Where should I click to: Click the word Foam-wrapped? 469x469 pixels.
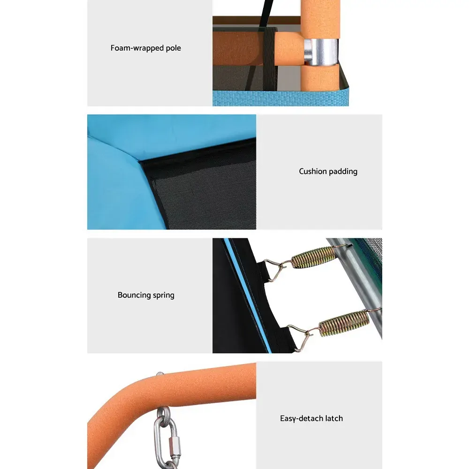(137, 48)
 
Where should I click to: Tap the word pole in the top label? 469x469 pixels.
(174, 48)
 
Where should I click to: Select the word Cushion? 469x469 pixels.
(313, 171)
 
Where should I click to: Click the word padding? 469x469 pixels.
(343, 172)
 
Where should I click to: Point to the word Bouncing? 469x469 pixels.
(134, 295)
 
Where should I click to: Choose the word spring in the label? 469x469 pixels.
(164, 295)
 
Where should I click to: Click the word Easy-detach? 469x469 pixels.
(302, 418)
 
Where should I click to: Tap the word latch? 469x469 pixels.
(334, 418)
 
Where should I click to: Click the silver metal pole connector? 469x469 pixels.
(321, 52)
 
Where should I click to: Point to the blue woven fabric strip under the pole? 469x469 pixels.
(280, 98)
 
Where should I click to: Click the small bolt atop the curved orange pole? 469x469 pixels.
(160, 374)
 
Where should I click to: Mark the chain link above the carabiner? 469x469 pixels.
(164, 414)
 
